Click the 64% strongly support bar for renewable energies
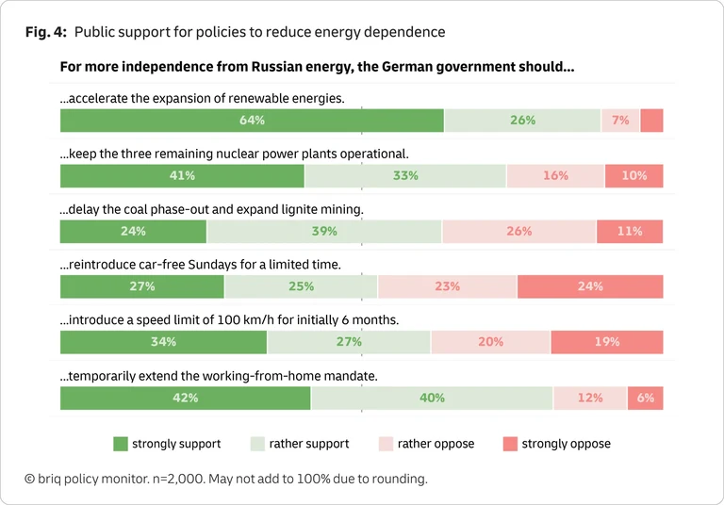(252, 121)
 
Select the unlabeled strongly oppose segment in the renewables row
(651, 121)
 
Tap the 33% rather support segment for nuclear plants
(405, 176)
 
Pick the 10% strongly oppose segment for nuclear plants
(633, 176)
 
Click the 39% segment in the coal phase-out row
(324, 232)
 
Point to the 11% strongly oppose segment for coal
(630, 232)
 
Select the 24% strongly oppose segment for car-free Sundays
(590, 287)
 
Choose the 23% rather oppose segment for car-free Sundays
(447, 287)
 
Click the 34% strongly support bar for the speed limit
(163, 342)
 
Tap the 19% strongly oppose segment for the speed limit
(606, 342)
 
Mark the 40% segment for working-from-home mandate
(432, 399)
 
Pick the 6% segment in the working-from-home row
(645, 399)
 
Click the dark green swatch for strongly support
(120, 444)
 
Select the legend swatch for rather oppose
(385, 444)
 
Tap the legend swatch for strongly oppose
(509, 444)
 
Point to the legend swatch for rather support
(256, 444)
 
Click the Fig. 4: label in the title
(46, 32)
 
